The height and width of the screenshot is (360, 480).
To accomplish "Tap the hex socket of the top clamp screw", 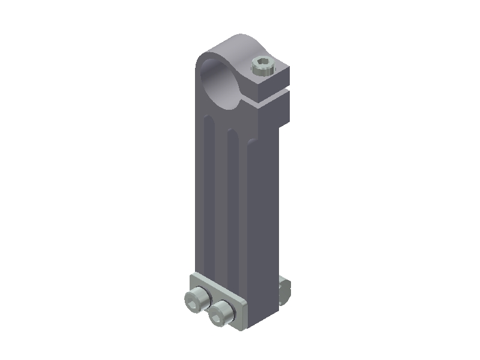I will (x=263, y=64).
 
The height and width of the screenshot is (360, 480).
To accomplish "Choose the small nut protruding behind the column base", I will (x=284, y=289).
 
